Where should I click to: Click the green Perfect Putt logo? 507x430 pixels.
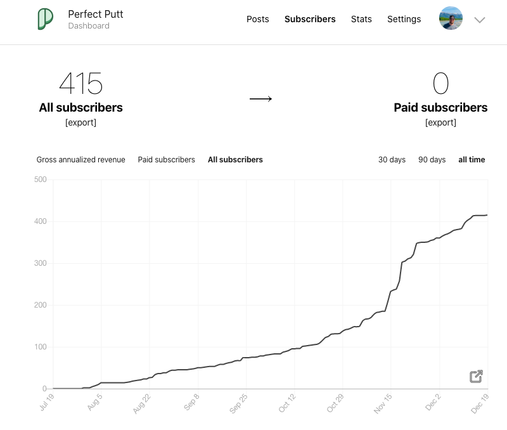pyautogui.click(x=45, y=19)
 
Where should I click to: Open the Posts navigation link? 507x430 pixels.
pyautogui.click(x=258, y=19)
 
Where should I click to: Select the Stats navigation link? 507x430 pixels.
pyautogui.click(x=361, y=19)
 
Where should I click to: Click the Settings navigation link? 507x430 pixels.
pyautogui.click(x=404, y=19)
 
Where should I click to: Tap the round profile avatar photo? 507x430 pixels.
pyautogui.click(x=451, y=19)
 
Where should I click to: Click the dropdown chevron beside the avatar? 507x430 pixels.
pyautogui.click(x=480, y=20)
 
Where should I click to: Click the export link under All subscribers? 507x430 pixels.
pyautogui.click(x=80, y=122)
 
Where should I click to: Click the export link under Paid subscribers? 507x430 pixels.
pyautogui.click(x=440, y=122)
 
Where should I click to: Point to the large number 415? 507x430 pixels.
pyautogui.click(x=80, y=84)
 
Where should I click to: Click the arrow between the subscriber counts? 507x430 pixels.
pyautogui.click(x=260, y=99)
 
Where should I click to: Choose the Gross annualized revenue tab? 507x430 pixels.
pyautogui.click(x=80, y=160)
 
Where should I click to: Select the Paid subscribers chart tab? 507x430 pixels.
pyautogui.click(x=166, y=160)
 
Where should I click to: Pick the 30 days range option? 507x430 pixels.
pyautogui.click(x=392, y=160)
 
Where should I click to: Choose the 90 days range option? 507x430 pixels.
pyautogui.click(x=432, y=160)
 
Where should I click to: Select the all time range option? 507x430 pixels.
pyautogui.click(x=472, y=160)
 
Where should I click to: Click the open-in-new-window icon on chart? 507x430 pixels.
pyautogui.click(x=476, y=377)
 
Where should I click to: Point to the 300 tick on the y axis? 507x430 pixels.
pyautogui.click(x=40, y=263)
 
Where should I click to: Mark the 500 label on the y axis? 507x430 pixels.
pyautogui.click(x=40, y=179)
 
